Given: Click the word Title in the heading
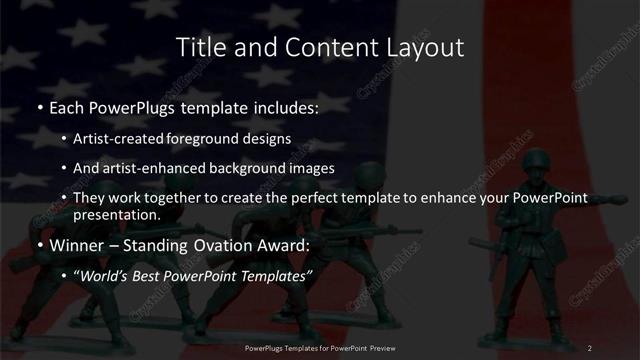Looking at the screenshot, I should coord(199,47).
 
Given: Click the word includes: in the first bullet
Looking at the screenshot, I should coord(284,105).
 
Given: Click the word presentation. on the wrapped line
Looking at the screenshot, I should coord(116,214).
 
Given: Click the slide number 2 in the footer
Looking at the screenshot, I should coord(590,347).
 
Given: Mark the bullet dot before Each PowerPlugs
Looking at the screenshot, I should coord(39,106).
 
